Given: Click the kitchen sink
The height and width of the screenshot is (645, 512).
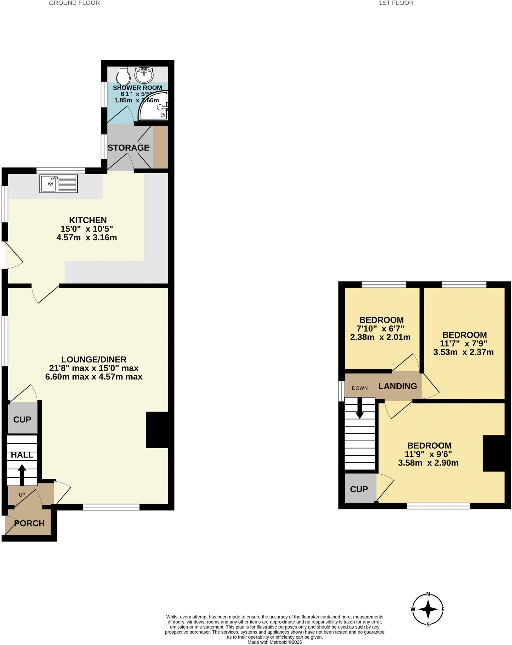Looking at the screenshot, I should [x=59, y=184].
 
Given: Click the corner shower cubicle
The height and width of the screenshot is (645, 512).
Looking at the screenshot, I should [x=154, y=106].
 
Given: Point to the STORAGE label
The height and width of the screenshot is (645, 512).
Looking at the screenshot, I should [x=128, y=147].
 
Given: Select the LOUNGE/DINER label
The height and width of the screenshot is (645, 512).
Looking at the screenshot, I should [x=94, y=359].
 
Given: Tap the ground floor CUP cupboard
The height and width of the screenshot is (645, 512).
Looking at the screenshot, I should [x=22, y=420].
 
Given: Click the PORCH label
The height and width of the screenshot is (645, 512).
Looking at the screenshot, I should [x=30, y=523].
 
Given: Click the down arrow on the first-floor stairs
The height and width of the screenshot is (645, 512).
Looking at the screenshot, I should [x=360, y=408].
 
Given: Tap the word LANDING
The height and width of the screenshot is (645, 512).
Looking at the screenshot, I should [x=397, y=386].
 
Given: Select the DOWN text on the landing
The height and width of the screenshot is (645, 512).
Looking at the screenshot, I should [x=360, y=388].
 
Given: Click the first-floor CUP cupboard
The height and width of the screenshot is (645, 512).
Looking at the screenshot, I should [x=359, y=489].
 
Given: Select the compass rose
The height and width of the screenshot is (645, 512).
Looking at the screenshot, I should [x=428, y=609].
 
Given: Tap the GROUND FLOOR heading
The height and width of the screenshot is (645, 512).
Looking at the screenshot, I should [x=75, y=3].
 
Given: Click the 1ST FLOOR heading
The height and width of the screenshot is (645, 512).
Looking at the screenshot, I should [x=396, y=3].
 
